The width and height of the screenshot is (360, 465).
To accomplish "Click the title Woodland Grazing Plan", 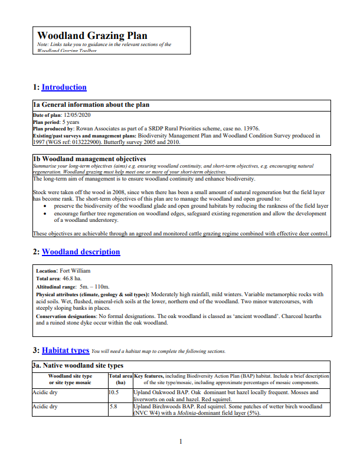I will [92, 36].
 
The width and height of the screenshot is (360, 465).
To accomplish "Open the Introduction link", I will [64, 87].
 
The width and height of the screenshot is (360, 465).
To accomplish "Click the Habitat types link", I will [66, 350].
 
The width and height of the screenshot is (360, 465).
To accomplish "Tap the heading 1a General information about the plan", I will [91, 105].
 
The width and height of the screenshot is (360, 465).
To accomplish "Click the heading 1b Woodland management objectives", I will [89, 159].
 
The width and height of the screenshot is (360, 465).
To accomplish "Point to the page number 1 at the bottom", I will [181, 442].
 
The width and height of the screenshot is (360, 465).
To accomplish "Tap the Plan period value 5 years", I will [73, 121].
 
